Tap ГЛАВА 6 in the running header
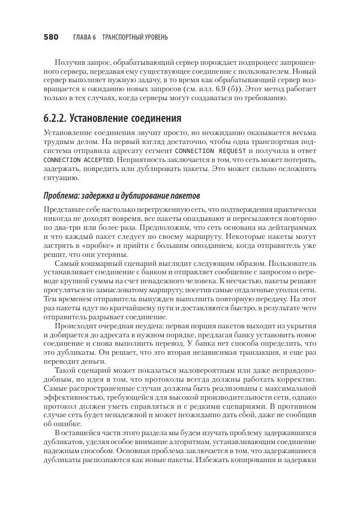click(x=85, y=37)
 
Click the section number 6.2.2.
click(x=60, y=118)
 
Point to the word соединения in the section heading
click(x=154, y=118)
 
